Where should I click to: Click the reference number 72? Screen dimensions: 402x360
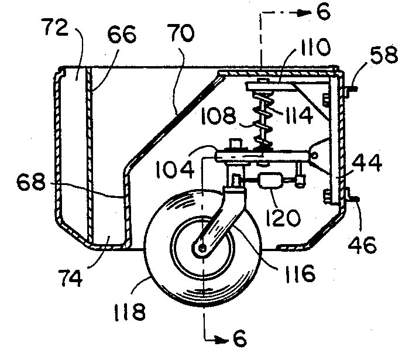coord(56,28)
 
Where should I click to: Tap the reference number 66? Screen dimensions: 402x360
coord(122,35)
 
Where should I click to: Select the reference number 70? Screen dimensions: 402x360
coord(181,33)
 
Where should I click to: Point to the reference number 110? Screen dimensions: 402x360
coord(313,47)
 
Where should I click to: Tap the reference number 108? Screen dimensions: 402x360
coord(218,116)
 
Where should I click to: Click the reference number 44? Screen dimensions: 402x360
coord(367,163)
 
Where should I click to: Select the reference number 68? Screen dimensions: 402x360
coord(31,182)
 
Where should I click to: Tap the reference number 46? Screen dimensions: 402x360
coord(362,244)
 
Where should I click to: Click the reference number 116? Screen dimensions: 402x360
coord(300,274)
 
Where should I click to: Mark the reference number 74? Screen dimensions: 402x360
coord(70,278)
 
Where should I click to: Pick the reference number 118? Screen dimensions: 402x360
coord(129,312)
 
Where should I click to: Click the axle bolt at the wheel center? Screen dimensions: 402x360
coord(203,248)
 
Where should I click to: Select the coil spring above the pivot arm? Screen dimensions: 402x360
coord(263,121)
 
